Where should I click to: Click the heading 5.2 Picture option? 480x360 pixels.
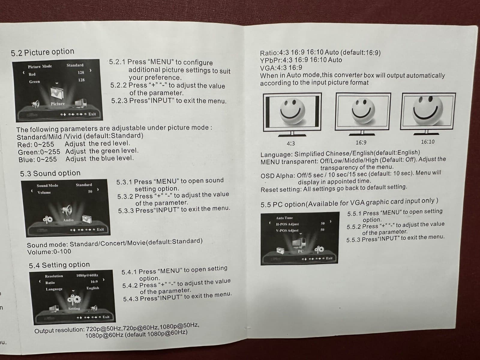43,52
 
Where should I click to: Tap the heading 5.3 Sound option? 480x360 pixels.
50,173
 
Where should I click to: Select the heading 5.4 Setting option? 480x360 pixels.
59,265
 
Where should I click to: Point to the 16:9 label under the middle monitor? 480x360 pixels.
361,143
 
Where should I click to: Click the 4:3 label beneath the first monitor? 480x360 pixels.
290,144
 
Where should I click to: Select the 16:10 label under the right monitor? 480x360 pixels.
427,142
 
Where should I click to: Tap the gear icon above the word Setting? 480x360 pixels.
74,299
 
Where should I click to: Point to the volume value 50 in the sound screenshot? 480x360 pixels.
90,191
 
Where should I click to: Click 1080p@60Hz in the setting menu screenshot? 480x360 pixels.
87,275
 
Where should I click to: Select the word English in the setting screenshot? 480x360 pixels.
93,288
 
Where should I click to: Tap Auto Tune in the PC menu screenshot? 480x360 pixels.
284,218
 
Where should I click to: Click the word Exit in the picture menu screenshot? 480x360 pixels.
92,114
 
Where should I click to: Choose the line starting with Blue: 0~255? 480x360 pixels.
76,159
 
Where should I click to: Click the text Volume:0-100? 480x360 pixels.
49,252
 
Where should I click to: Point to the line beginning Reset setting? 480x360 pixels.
334,188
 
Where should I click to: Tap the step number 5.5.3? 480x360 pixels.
353,240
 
